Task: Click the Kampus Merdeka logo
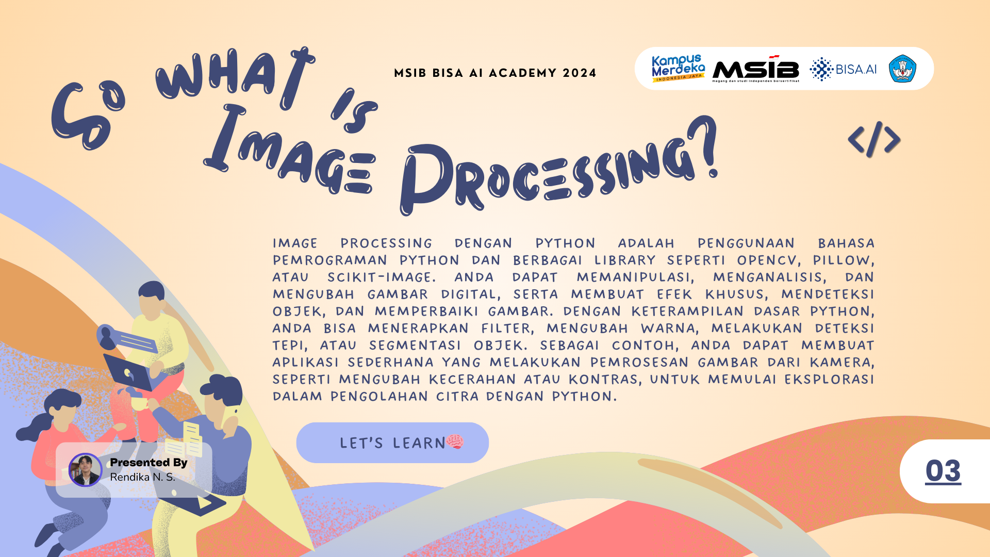(x=678, y=68)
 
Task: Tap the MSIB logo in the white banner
(x=756, y=69)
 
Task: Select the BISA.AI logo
(x=843, y=69)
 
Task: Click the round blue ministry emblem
(x=902, y=69)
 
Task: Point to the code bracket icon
(x=874, y=139)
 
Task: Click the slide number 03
(x=943, y=471)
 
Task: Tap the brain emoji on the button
(x=455, y=441)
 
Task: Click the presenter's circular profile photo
(x=86, y=470)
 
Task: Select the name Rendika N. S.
(x=143, y=477)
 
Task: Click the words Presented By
(x=148, y=462)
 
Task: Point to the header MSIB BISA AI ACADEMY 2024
(x=495, y=73)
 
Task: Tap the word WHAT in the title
(x=235, y=75)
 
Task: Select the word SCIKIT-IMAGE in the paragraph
(x=382, y=277)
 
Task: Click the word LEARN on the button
(x=419, y=443)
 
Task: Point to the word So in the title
(x=88, y=116)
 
